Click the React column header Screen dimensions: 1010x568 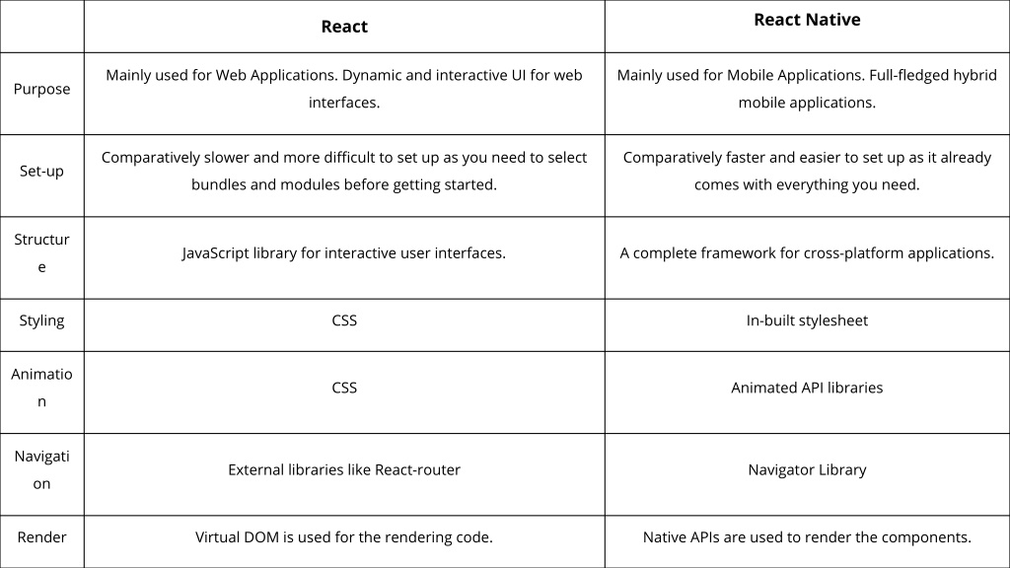point(344,27)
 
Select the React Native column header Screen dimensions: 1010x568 point(807,20)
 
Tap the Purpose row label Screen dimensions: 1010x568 point(41,89)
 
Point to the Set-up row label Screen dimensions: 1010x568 point(41,172)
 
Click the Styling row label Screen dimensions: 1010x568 point(41,320)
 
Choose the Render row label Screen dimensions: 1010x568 point(41,537)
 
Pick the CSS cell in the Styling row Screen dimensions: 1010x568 point(344,320)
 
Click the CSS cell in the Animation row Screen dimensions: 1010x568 point(344,388)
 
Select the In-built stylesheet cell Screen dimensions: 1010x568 point(807,320)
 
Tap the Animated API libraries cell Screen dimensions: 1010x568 point(807,388)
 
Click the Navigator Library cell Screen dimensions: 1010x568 point(807,470)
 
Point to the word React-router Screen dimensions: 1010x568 point(417,470)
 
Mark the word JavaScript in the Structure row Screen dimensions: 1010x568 point(215,253)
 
